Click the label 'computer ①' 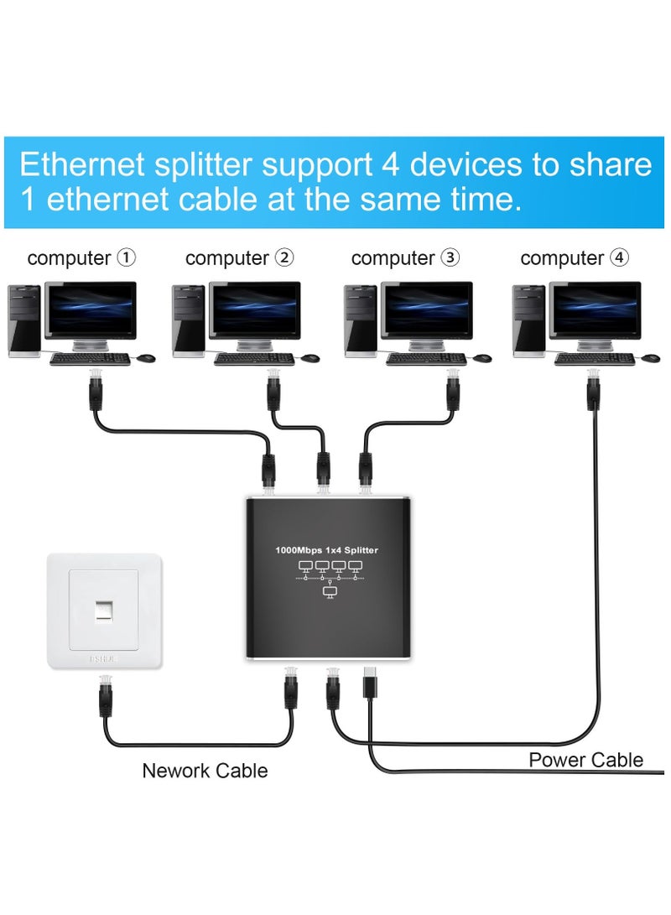[x=81, y=258]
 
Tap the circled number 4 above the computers [x=619, y=258]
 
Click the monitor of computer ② [x=254, y=312]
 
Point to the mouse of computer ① [x=146, y=358]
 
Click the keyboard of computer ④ [x=595, y=359]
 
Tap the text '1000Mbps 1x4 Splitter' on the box [x=327, y=550]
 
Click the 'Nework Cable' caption [x=205, y=770]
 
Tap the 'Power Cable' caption [x=585, y=760]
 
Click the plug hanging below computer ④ [x=594, y=390]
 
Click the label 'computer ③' [x=405, y=258]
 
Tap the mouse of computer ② [x=310, y=358]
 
